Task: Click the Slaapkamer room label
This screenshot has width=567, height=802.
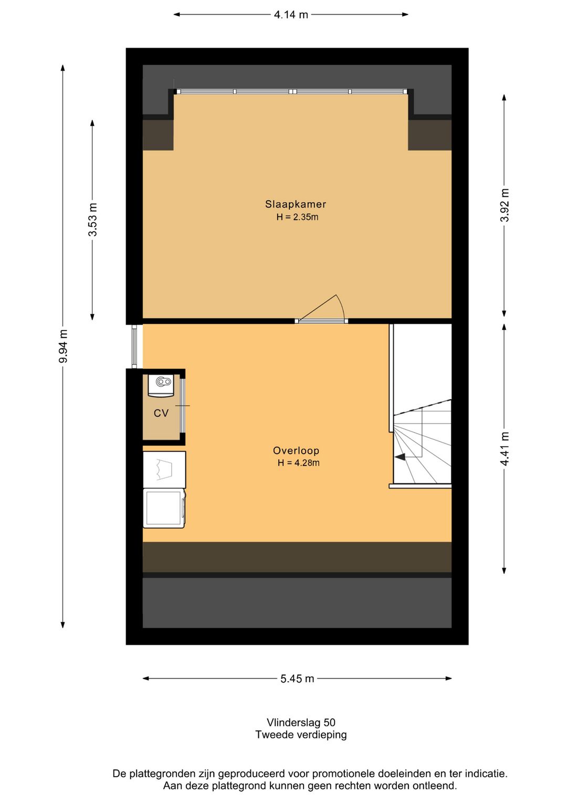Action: tap(296, 204)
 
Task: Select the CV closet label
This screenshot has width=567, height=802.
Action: tap(161, 413)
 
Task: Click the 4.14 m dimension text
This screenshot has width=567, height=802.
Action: tap(291, 15)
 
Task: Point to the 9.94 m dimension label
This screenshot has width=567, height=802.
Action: tap(63, 346)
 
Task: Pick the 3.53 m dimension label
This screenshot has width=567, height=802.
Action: tap(92, 220)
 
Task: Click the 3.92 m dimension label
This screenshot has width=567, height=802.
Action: tap(504, 205)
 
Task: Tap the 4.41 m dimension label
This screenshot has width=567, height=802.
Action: tap(504, 449)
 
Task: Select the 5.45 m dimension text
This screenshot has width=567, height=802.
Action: tap(297, 678)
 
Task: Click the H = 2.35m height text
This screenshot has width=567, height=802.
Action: tap(297, 217)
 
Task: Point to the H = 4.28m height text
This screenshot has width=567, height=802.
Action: tap(298, 462)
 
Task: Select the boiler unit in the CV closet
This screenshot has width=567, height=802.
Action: tap(161, 385)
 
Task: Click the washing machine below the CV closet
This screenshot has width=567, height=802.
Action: tap(164, 508)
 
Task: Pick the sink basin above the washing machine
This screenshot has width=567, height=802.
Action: tap(164, 469)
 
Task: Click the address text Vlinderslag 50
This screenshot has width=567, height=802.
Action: tap(301, 723)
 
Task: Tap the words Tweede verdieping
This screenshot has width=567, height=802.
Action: tap(301, 735)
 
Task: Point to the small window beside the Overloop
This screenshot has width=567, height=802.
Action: tap(134, 346)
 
